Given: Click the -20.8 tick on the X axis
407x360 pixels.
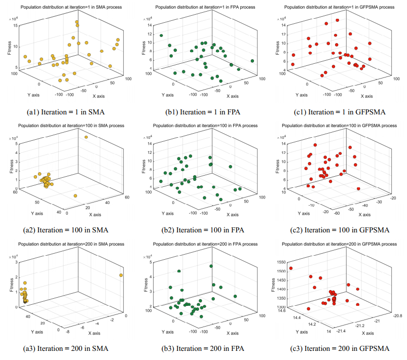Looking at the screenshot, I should click(x=396, y=315).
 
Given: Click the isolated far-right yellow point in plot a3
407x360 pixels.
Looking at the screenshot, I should click(x=121, y=275).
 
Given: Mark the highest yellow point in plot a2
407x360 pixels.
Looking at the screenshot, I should click(x=86, y=137).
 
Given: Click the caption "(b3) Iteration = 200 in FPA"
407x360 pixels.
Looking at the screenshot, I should click(x=204, y=348).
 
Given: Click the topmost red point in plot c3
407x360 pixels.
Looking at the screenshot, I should click(x=291, y=268).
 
